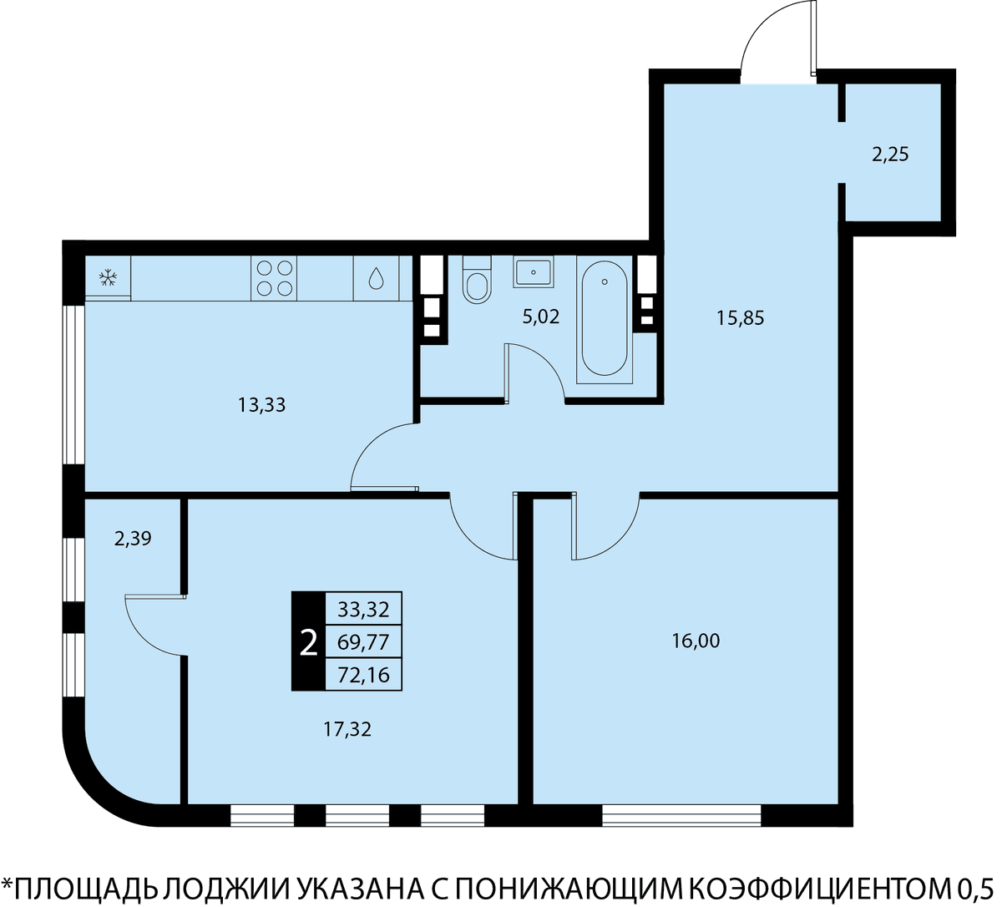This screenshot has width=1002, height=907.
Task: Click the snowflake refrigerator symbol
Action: coord(108,278)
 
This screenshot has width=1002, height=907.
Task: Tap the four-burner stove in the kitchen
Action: coord(274,278)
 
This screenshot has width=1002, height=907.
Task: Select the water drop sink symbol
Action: coord(376,278)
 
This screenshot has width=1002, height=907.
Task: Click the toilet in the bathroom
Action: coord(477,280)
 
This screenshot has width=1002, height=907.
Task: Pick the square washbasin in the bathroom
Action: coord(534,272)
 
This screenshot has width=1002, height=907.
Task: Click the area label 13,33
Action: coord(261,405)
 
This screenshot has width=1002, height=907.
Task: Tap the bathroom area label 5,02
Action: coord(541,317)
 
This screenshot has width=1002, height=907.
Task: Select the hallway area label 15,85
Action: coord(741,318)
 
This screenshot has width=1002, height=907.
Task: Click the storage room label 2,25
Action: coord(890,155)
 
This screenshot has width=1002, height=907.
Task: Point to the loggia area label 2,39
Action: coord(133,539)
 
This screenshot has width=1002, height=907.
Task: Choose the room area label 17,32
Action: coord(347,730)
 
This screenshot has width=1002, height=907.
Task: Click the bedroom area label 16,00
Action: coord(696,641)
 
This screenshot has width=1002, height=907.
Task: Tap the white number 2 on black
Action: coord(308,643)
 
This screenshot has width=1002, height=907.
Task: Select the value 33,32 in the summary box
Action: coord(363,610)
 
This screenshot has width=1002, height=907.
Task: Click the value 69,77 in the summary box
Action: coord(363,642)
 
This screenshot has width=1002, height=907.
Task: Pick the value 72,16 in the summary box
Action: coord(363,675)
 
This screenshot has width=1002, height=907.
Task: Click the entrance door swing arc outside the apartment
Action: coord(759,30)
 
